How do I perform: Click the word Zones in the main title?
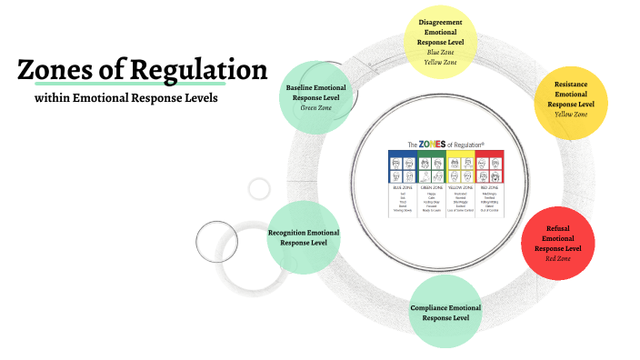[57, 70]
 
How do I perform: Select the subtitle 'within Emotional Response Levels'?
[126, 97]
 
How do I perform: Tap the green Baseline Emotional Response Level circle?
[315, 96]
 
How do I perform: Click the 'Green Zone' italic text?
[315, 107]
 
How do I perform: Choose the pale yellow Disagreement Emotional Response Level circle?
[439, 41]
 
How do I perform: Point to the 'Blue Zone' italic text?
[439, 52]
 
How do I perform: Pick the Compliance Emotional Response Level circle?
[445, 312]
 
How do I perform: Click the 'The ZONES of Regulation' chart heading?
[445, 144]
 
